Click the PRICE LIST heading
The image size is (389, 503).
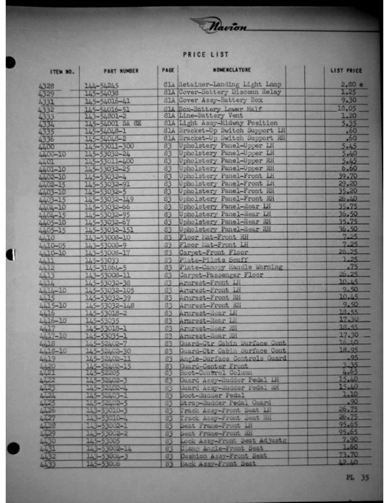tap(205, 55)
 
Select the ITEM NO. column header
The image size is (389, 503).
tap(62, 72)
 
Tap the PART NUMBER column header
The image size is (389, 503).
tap(120, 71)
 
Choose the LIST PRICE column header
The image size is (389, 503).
tap(346, 70)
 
